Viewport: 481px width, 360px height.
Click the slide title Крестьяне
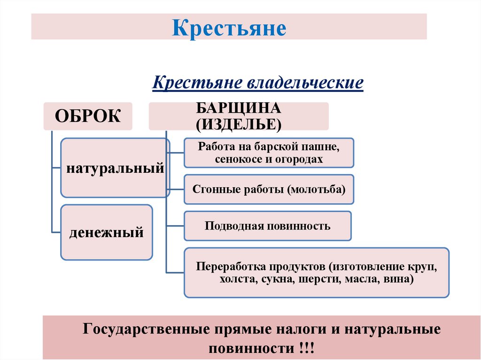(x=229, y=28)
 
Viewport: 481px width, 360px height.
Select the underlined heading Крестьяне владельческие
(x=258, y=83)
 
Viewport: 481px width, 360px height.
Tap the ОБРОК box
(x=88, y=115)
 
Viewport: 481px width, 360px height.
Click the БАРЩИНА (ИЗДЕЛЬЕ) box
(x=239, y=116)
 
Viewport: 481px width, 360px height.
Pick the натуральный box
(x=115, y=168)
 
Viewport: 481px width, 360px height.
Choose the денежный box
(x=107, y=232)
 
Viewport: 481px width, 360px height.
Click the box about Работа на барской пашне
(x=269, y=153)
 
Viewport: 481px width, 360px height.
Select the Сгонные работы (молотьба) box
(x=269, y=190)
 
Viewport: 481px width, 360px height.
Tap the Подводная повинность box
(x=268, y=226)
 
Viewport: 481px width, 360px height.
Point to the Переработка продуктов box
(x=317, y=273)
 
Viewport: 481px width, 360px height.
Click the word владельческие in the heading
(x=305, y=83)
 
